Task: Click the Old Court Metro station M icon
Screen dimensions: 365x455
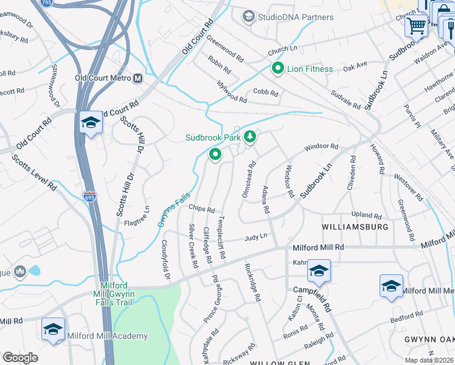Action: point(138,78)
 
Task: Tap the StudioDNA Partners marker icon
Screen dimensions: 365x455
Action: point(248,16)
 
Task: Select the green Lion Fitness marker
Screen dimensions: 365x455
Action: point(278,69)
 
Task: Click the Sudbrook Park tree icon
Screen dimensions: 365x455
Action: point(249,138)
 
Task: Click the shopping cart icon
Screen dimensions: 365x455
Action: point(417,26)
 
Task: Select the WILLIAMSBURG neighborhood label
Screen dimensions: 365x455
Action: point(355,227)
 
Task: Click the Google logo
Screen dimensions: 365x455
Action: point(20,357)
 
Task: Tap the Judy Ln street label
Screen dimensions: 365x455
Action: point(256,237)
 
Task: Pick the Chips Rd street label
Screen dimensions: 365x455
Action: point(202,208)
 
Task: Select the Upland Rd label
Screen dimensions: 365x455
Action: point(367,216)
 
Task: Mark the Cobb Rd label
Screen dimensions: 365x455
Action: point(265,94)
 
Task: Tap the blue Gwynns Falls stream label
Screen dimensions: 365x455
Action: point(175,210)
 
